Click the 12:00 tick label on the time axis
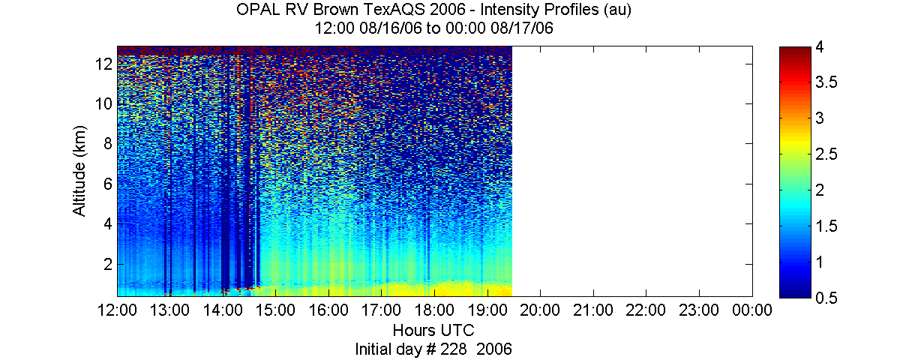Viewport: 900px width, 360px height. [x=117, y=310]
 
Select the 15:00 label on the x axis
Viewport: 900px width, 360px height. [x=276, y=310]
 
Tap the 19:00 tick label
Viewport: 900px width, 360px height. [x=487, y=310]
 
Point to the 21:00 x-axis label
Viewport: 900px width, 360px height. [x=593, y=310]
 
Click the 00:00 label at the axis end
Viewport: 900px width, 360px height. [x=752, y=310]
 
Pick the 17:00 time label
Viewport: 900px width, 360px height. [x=381, y=310]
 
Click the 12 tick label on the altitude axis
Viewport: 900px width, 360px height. [x=103, y=64]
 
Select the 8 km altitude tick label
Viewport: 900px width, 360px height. [x=108, y=143]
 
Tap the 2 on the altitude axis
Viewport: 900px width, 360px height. [x=108, y=264]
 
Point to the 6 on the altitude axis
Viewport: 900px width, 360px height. [x=108, y=184]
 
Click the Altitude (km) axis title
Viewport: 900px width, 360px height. [x=79, y=171]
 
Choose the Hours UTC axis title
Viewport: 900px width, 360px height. [x=433, y=330]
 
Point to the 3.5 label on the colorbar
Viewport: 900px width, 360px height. [x=826, y=82]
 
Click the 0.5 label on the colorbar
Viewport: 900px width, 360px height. [x=826, y=298]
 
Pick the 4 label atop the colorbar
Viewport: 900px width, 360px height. [x=820, y=47]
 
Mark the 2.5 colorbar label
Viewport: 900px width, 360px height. [x=826, y=154]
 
